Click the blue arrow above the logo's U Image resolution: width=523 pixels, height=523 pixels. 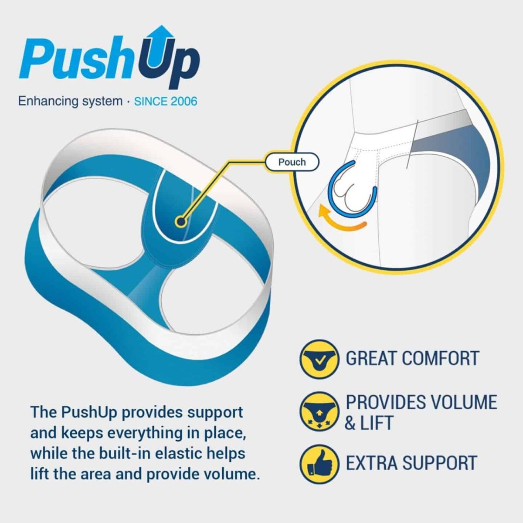(x=162, y=34)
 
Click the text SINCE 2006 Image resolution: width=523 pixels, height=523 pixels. (x=166, y=102)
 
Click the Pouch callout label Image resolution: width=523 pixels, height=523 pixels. (x=292, y=162)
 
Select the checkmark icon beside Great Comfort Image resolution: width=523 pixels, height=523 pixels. (x=319, y=359)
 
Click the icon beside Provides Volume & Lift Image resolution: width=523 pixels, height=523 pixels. (x=319, y=411)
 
